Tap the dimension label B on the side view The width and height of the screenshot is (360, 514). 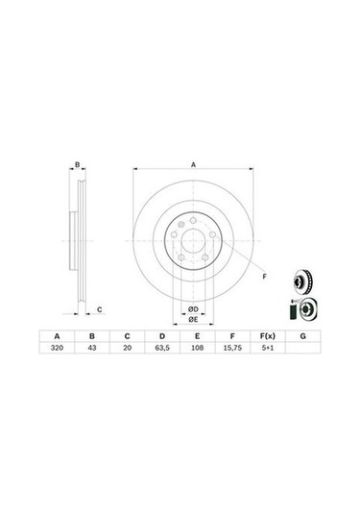pyautogui.click(x=78, y=166)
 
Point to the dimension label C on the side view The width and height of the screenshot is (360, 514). pyautogui.click(x=101, y=309)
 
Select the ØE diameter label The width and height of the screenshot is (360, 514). pyautogui.click(x=192, y=318)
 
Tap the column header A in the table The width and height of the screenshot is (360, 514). pyautogui.click(x=58, y=335)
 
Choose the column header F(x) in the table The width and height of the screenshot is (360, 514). pyautogui.click(x=266, y=335)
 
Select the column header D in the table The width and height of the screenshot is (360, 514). pyautogui.click(x=161, y=335)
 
